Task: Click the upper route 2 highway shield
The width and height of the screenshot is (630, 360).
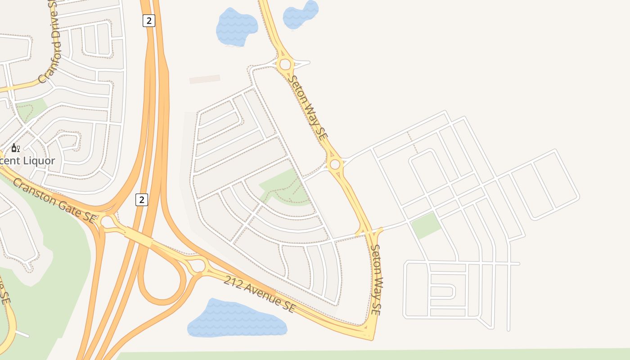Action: click(x=149, y=20)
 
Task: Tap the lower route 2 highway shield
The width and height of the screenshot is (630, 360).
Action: click(x=142, y=199)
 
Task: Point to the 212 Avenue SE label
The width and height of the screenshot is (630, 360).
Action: click(x=260, y=295)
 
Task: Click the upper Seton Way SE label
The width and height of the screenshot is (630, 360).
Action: click(x=308, y=108)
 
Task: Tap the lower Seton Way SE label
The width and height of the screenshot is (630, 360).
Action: click(x=377, y=280)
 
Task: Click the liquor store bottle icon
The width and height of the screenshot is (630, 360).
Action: click(x=15, y=148)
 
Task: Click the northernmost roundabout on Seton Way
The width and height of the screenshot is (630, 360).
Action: click(x=285, y=64)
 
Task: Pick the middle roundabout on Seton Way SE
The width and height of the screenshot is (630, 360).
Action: click(x=335, y=164)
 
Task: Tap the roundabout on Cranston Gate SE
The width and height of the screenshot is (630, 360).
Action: click(x=108, y=222)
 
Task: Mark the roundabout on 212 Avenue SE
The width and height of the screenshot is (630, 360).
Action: click(x=198, y=265)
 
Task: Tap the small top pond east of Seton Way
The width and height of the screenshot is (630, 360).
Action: click(x=301, y=14)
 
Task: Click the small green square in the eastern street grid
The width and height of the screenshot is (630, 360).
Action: click(x=425, y=225)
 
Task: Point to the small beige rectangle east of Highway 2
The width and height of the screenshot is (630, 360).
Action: click(x=205, y=79)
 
